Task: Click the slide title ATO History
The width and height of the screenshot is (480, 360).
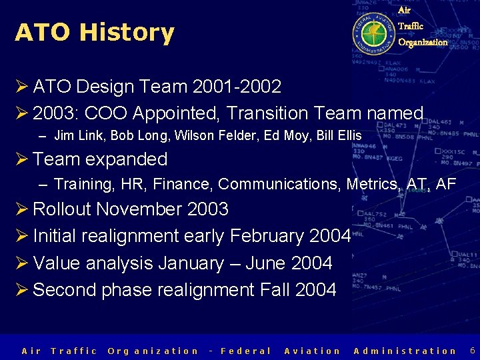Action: coord(94,32)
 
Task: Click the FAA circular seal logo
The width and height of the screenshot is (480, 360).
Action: coord(373,31)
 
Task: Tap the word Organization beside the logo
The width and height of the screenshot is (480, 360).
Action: coord(423,42)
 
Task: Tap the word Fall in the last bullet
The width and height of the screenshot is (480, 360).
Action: coord(274,290)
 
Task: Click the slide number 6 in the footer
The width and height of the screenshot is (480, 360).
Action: coord(472,350)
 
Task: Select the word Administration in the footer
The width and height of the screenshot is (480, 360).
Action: coord(405,351)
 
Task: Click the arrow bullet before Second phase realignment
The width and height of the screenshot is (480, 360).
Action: coord(21,290)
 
